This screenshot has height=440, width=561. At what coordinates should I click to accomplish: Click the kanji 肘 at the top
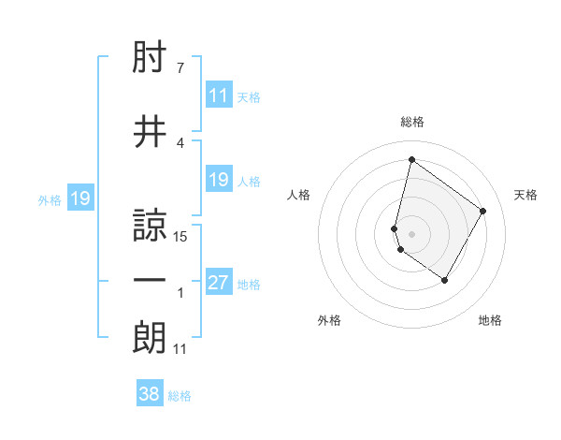[150, 61]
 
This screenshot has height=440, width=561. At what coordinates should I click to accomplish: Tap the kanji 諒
[150, 225]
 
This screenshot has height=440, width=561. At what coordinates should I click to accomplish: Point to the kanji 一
[150, 280]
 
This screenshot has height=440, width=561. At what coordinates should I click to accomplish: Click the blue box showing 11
[219, 95]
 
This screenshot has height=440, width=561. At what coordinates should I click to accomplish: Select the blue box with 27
[219, 283]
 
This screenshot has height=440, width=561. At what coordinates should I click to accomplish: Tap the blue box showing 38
[150, 394]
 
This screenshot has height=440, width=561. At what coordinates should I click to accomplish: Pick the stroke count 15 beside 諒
[181, 237]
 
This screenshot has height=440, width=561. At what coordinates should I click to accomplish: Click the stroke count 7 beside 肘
[180, 68]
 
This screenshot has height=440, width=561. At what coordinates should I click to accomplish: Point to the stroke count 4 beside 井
[180, 142]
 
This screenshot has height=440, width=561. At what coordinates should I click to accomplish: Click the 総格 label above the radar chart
[412, 122]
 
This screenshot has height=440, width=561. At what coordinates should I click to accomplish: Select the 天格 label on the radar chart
[526, 195]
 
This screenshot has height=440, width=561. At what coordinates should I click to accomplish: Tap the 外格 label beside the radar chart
[329, 320]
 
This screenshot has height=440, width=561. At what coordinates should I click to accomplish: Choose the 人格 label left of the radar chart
[299, 195]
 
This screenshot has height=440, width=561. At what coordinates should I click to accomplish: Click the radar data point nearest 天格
[483, 211]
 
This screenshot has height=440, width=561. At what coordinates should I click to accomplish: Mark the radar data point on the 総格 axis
[411, 159]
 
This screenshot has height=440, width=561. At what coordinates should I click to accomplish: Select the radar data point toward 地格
[445, 281]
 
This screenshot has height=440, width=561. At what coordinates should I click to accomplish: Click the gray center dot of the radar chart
[412, 232]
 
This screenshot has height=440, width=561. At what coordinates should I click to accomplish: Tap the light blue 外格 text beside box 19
[49, 199]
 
